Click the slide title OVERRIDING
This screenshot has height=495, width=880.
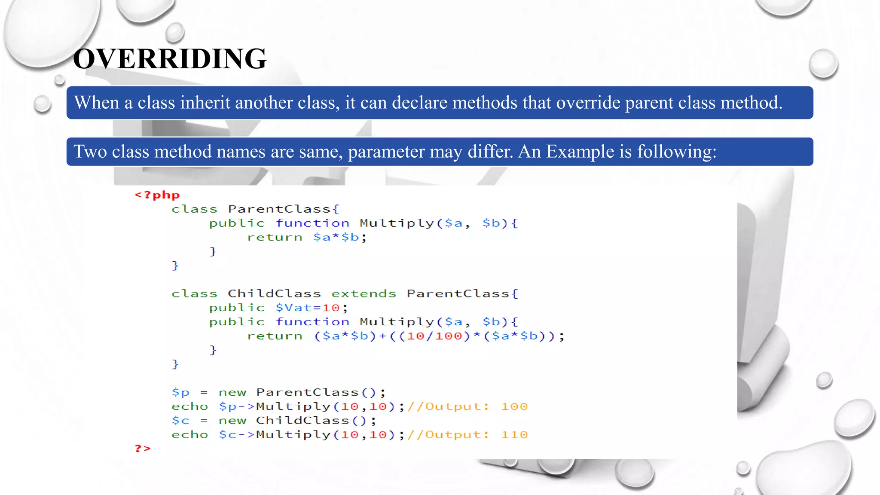click(x=170, y=59)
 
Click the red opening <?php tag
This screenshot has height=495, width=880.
click(x=157, y=195)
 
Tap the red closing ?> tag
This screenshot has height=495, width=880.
click(x=143, y=449)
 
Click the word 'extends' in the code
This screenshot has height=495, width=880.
click(x=364, y=294)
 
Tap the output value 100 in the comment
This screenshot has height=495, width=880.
click(x=514, y=406)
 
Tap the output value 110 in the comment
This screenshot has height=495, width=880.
click(x=514, y=435)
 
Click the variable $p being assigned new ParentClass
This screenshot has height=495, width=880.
click(x=180, y=393)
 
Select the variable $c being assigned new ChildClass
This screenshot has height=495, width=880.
click(x=180, y=421)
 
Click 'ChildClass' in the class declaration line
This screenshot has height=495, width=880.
click(x=274, y=294)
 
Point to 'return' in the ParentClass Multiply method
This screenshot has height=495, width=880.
click(x=275, y=237)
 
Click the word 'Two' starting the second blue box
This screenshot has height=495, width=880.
click(x=90, y=152)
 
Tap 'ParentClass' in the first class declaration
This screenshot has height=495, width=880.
click(x=279, y=209)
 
